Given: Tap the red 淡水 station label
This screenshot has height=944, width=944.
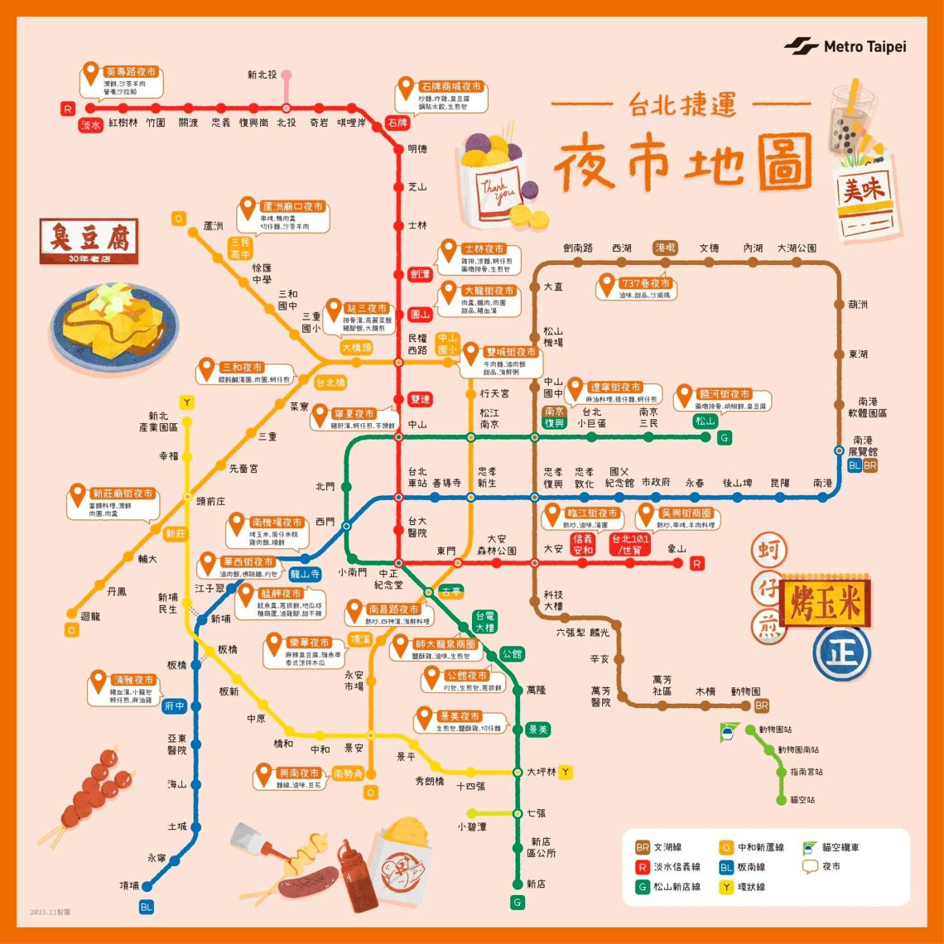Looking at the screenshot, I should click(x=90, y=125).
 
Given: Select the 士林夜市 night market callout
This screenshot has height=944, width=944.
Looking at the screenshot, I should click(x=479, y=258).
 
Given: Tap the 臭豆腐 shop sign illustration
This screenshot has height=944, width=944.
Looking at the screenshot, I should click(x=89, y=241).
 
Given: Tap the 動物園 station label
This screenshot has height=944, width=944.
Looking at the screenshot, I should click(x=745, y=691).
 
